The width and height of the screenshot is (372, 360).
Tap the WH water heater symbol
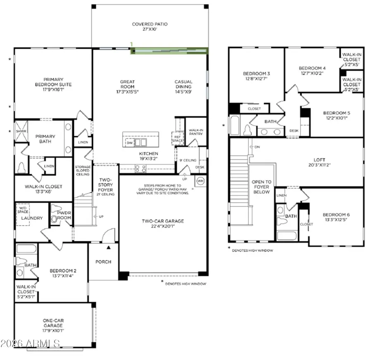coord(212,181)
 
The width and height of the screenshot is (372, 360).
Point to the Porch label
coord(103,262)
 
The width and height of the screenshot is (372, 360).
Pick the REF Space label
coord(177,137)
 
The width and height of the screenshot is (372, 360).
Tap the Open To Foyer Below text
coord(262,187)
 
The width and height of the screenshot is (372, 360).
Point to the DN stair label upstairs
coord(256,147)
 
